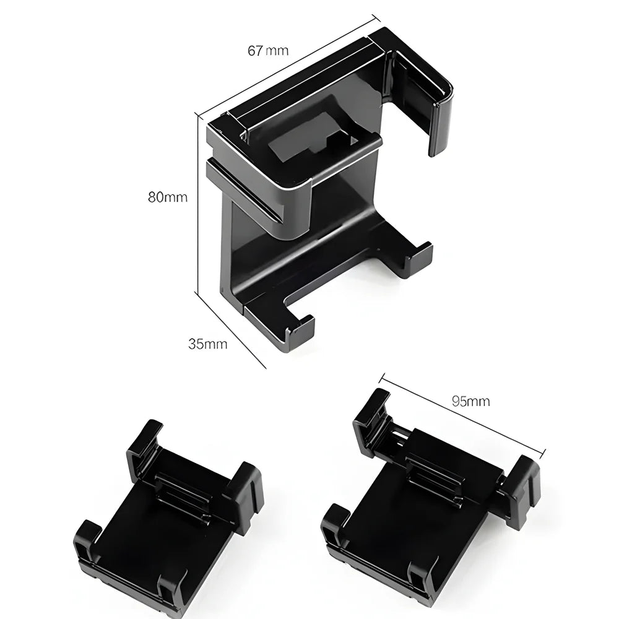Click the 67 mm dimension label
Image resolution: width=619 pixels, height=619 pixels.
(x=267, y=51)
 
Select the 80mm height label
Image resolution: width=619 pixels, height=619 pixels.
(x=167, y=197)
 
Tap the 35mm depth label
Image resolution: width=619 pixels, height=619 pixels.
(x=207, y=344)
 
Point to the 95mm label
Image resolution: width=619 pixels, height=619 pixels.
(x=470, y=401)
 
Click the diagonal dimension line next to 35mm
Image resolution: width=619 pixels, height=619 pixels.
(x=230, y=328)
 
